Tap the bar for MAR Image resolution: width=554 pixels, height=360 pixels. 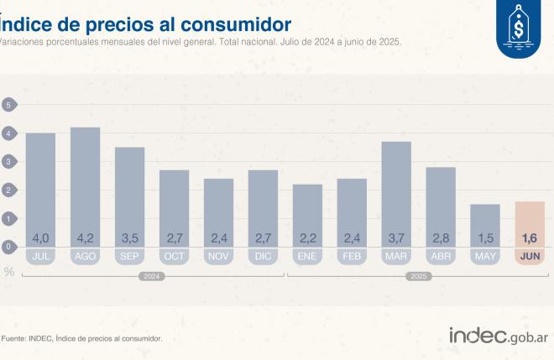pos(396,194)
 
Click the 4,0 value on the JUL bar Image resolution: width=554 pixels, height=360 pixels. pos(41,237)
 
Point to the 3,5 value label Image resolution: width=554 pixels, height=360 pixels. pos(129,237)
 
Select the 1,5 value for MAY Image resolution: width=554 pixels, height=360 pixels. pos(484,237)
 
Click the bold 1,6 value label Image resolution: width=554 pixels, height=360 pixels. pos(529,237)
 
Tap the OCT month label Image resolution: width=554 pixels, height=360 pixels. pos(174,256)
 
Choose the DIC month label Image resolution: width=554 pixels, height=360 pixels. pos(263,256)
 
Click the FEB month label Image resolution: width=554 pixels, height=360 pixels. pos(352,256)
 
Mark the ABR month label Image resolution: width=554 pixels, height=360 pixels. pos(441,256)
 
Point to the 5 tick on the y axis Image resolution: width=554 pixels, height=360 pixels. pos(9,105)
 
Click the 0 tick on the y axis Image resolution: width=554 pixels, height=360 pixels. pos(9,247)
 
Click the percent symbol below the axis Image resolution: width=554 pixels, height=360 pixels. pos(9,272)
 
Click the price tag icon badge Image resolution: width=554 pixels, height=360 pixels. pos(519,28)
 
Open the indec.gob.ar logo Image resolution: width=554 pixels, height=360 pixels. pos(499,337)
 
